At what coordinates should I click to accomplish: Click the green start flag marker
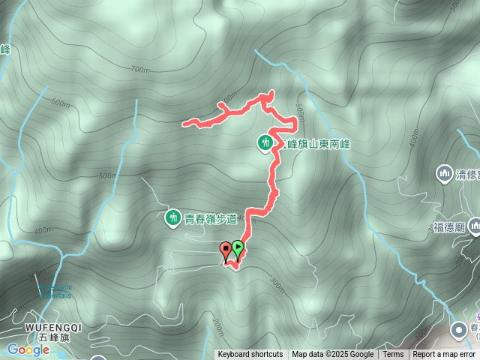[x=238, y=247]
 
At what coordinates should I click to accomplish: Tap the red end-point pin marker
[x=225, y=250]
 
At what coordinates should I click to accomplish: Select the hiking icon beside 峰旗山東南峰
[x=265, y=142]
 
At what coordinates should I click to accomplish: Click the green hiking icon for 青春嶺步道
[x=172, y=218]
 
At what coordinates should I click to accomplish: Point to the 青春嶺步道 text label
[x=209, y=219]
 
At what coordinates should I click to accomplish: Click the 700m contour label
[x=140, y=70]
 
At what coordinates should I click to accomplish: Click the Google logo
[x=28, y=349]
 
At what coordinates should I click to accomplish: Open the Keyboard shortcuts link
[x=250, y=355]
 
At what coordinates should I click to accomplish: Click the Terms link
[x=393, y=355]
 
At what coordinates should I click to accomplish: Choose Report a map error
[x=444, y=355]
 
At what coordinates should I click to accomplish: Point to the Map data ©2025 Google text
[x=332, y=355]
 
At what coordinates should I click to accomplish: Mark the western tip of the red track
[x=184, y=123]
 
